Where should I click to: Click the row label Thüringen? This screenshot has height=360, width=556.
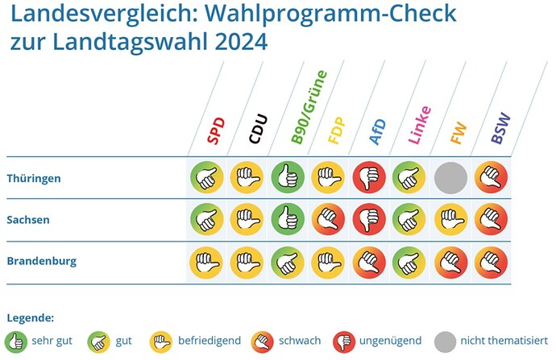(33, 178)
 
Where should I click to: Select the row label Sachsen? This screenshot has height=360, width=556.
(29, 220)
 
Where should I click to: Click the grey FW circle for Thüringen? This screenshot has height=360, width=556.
(450, 178)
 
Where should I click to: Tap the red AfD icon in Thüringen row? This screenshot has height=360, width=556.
(368, 178)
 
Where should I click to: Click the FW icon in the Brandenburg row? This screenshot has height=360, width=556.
(450, 262)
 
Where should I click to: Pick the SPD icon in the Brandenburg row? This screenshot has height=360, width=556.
(205, 262)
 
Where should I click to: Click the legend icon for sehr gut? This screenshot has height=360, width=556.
(16, 341)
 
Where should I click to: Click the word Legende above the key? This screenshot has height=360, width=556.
(30, 317)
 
